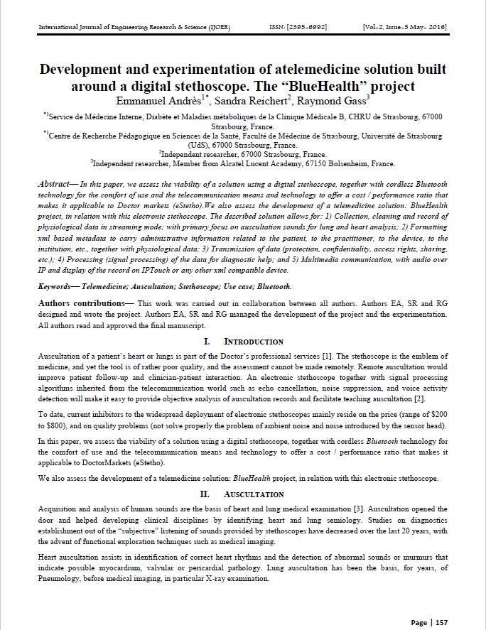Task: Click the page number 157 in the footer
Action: click(x=441, y=622)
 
